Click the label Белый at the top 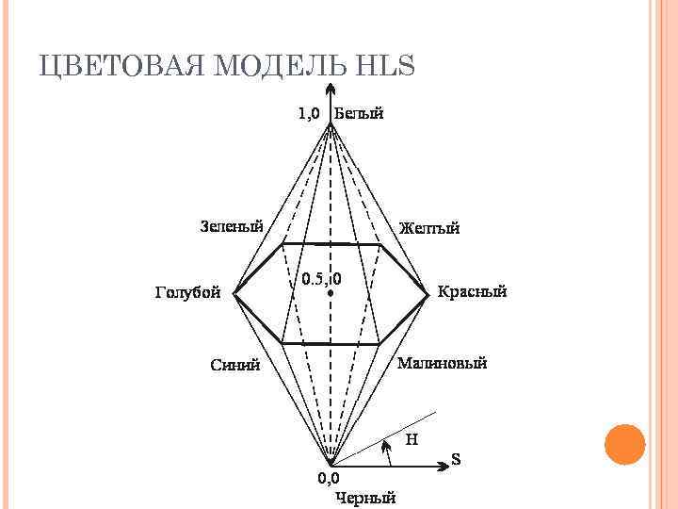click(359, 113)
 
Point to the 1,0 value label click(309, 113)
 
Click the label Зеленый click(232, 225)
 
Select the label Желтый click(429, 228)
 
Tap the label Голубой click(187, 291)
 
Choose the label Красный click(473, 291)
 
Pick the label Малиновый click(443, 364)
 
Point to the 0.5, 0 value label click(321, 279)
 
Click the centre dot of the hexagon click(331, 294)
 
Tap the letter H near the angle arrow click(412, 438)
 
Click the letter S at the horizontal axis click(456, 460)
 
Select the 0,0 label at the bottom click(328, 478)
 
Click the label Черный click(366, 499)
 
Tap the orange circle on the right click(623, 445)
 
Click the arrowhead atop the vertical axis click(330, 91)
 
